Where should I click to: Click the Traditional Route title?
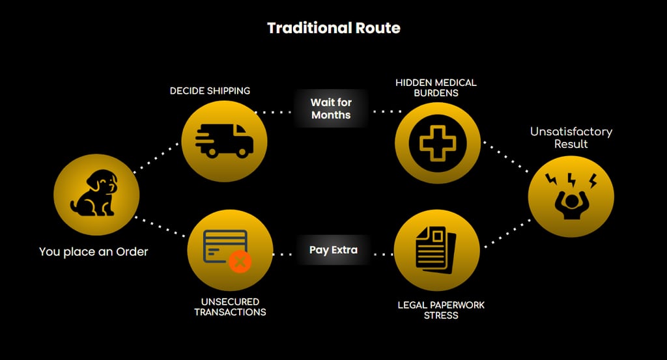(333, 28)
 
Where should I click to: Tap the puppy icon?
(95, 193)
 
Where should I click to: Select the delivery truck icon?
(223, 141)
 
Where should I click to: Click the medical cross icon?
(438, 141)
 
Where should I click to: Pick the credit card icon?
(225, 247)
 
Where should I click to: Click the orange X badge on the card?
(240, 262)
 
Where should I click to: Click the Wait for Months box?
(331, 109)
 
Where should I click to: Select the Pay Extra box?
(333, 250)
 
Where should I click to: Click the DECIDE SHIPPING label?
(210, 91)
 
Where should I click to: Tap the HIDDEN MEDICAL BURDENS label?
(436, 88)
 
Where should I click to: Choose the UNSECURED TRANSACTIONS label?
(230, 307)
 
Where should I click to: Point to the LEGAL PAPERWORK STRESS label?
(441, 310)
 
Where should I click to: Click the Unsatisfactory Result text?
(571, 137)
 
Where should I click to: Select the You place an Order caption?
(93, 251)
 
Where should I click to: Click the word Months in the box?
(331, 115)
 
